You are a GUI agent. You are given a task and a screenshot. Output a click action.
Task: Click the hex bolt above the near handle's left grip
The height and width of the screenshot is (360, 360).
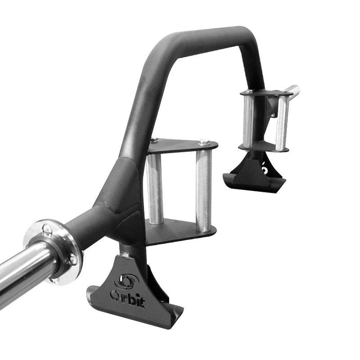click(x=154, y=140)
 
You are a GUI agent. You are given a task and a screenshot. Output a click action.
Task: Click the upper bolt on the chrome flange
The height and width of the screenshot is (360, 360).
click(x=47, y=228)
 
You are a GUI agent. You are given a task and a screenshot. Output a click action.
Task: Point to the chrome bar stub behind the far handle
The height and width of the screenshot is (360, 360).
click(x=293, y=91)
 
